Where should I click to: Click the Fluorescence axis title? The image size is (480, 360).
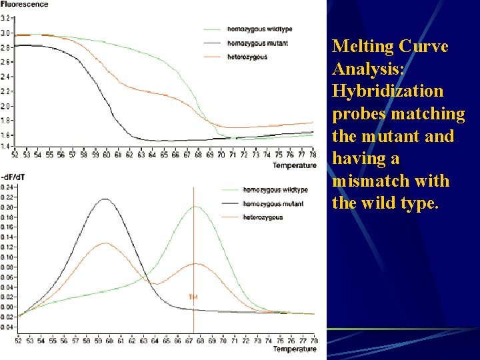tap(25, 4)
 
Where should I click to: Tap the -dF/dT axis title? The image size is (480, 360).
tap(13, 177)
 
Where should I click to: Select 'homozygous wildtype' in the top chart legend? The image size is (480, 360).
tap(250, 29)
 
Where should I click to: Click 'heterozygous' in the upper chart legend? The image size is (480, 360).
tap(247, 57)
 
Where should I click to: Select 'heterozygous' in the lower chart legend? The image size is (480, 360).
tap(263, 217)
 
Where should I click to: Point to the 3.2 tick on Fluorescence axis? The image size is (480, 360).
tap(5, 19)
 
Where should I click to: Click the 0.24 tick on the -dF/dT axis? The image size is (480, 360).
tap(7, 187)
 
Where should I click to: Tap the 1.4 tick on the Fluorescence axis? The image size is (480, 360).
tap(5, 146)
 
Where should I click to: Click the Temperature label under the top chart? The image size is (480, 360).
tap(294, 165)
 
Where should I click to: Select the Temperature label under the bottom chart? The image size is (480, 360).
tap(294, 349)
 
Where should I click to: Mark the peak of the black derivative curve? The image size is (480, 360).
tap(105, 199)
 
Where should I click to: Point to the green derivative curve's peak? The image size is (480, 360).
tap(195, 207)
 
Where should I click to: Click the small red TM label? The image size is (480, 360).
tap(193, 297)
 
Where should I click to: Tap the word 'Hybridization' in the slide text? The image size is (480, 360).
tap(387, 91)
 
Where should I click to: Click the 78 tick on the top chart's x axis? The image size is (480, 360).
tap(313, 155)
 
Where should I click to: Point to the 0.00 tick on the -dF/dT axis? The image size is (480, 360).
tap(7, 307)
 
